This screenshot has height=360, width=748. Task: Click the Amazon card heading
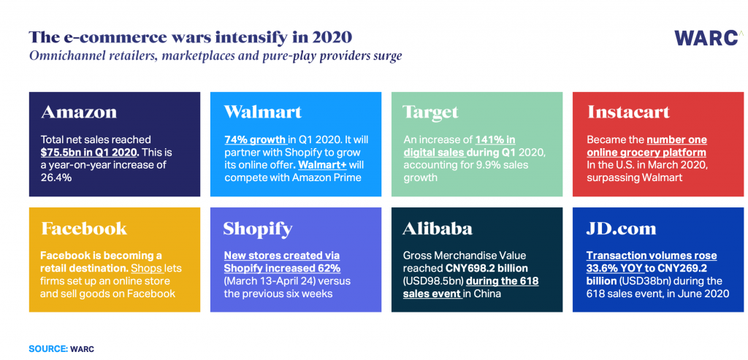click(79, 112)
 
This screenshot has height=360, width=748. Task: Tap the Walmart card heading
click(262, 112)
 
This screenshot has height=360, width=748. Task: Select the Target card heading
click(431, 112)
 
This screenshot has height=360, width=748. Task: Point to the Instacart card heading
click(628, 112)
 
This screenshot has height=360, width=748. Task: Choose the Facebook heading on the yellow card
click(84, 229)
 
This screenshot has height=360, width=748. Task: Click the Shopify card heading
click(258, 229)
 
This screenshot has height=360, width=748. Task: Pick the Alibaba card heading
click(438, 229)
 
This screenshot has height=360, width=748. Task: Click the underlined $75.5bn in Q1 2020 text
click(90, 152)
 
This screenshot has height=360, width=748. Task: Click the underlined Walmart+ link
click(333, 164)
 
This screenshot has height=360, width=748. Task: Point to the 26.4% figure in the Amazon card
click(56, 177)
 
